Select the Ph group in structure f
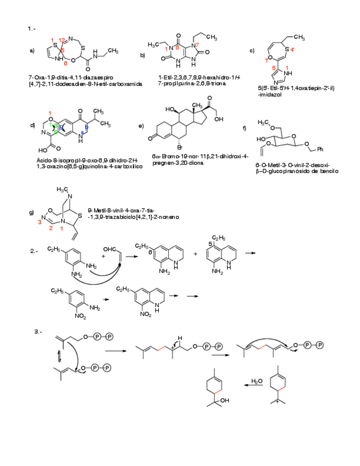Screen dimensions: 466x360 pos(323,149)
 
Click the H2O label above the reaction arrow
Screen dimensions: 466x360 pos(256,380)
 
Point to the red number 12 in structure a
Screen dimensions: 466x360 pos(63,40)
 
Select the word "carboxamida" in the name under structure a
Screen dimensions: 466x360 pos(126,84)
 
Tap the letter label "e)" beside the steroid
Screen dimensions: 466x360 pos(141,126)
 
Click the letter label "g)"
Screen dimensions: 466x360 pos(32,212)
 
